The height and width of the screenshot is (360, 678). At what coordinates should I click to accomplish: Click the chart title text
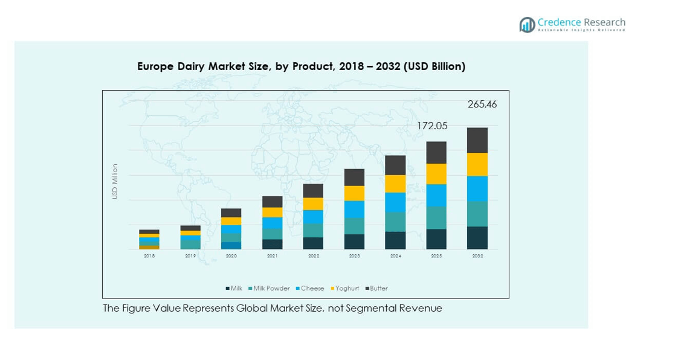(301, 66)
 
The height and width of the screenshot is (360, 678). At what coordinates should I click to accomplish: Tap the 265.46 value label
(482, 104)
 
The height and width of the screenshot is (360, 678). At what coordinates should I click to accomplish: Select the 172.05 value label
(431, 126)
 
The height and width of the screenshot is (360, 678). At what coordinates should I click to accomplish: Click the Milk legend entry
(234, 289)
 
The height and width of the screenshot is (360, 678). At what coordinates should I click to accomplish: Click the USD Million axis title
(115, 181)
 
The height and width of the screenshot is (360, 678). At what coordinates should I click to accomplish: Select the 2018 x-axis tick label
(149, 256)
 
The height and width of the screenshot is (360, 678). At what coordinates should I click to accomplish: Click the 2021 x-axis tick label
(273, 256)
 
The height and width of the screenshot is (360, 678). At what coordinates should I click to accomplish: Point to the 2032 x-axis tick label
(477, 256)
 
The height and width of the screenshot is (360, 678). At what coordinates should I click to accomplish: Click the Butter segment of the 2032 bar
(477, 140)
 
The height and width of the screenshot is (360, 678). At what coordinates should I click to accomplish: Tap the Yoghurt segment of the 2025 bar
(436, 174)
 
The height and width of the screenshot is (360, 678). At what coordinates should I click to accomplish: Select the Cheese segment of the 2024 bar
(395, 202)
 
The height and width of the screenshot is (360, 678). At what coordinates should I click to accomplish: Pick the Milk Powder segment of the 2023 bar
(354, 226)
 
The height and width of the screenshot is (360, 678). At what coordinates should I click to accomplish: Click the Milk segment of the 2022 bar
(313, 243)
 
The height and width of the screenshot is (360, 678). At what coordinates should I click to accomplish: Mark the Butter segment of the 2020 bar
(231, 213)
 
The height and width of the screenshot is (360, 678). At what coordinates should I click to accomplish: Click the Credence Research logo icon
(527, 25)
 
